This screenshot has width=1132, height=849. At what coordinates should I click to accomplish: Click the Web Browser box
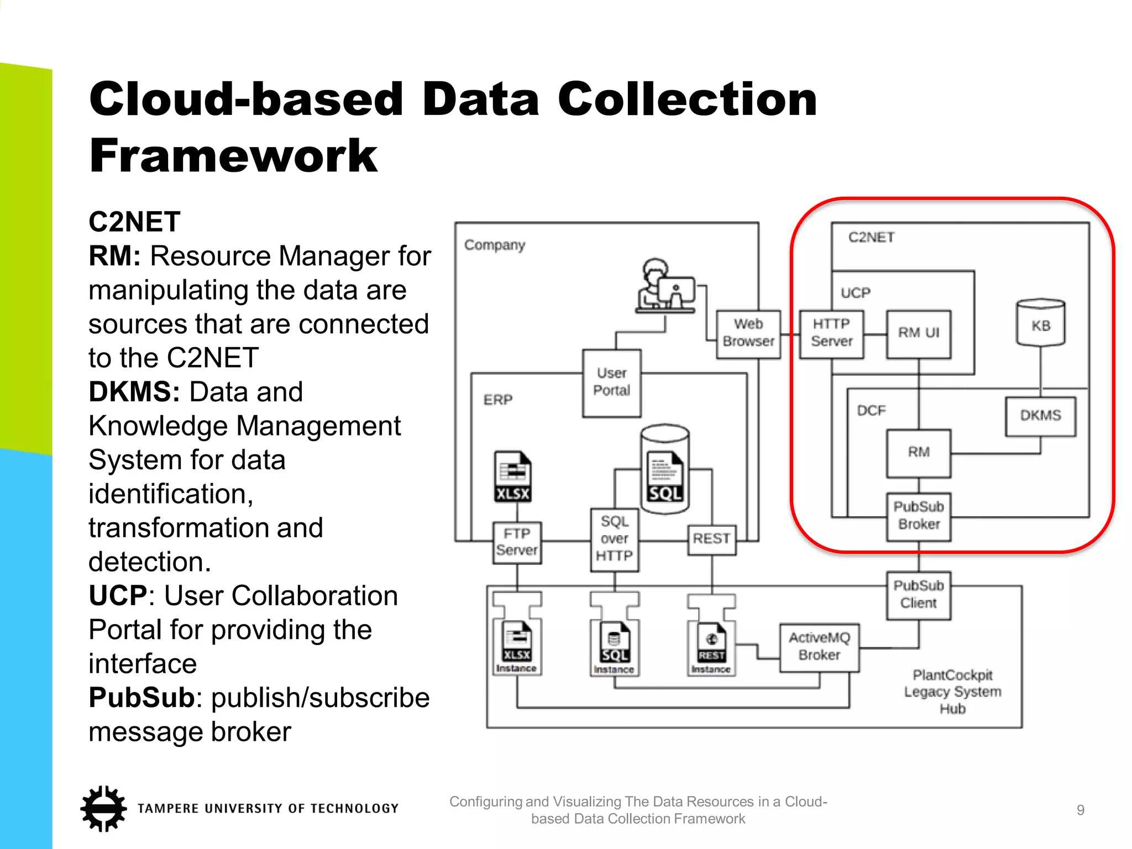point(748,334)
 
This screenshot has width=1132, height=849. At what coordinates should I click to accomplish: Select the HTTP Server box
point(831,334)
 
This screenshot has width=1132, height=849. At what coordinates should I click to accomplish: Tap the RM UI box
point(918,334)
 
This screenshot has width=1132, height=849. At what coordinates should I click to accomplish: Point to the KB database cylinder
point(1040,324)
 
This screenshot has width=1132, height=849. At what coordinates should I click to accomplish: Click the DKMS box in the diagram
point(1040,416)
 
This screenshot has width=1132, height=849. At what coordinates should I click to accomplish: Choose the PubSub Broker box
point(918,516)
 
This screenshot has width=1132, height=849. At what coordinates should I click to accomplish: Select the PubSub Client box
point(918,595)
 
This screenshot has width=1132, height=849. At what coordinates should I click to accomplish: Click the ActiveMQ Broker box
point(819,647)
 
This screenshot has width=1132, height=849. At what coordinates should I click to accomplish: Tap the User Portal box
point(611,382)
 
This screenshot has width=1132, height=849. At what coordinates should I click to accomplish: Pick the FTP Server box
point(517,542)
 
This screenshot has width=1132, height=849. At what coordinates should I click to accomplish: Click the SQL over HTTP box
point(614,539)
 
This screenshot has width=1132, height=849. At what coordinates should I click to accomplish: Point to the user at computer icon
point(665,287)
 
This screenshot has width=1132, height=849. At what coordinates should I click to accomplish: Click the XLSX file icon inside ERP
point(512,476)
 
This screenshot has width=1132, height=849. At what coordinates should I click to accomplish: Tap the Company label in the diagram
point(494,245)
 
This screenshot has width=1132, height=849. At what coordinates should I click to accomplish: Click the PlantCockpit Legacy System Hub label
point(952,691)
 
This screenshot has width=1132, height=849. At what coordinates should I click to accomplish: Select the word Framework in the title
point(233,156)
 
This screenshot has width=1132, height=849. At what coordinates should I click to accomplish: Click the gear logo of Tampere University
point(103,808)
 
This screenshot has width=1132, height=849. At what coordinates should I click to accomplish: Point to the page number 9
point(1080,810)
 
